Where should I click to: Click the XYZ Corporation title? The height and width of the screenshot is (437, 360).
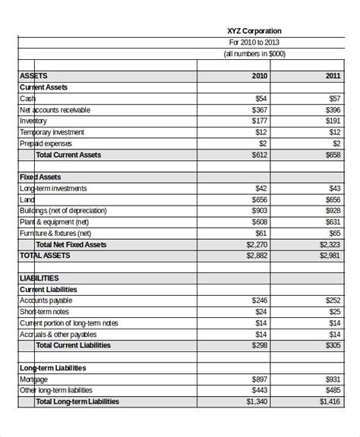point(254,31)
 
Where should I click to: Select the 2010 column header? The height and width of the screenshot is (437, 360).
point(259,76)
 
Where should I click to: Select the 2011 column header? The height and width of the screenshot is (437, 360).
point(333,76)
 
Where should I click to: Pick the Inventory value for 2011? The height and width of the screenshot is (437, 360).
point(333,121)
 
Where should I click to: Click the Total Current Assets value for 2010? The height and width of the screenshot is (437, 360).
point(257,155)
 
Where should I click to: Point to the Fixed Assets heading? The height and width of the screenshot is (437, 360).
point(41,177)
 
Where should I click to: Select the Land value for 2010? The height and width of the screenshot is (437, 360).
point(257,200)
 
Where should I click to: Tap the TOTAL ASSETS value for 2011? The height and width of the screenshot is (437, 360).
point(329,256)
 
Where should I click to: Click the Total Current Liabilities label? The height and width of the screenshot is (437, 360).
point(73,345)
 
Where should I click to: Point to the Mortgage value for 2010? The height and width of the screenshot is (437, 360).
point(257,379)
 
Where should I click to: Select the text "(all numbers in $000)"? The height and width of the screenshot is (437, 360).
point(254,54)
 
